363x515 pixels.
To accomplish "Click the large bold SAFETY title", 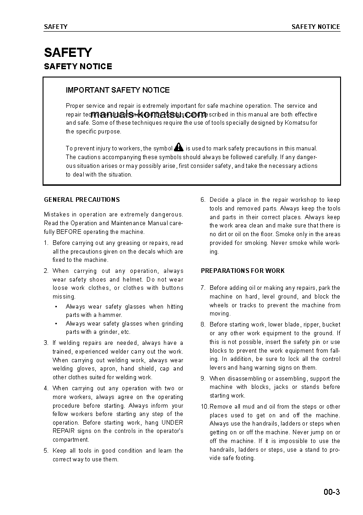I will [x=68, y=52].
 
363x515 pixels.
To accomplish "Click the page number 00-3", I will [x=332, y=493].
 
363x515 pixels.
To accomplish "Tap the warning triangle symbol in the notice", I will [x=179, y=147].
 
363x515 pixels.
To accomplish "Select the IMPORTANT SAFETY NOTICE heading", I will [x=118, y=90].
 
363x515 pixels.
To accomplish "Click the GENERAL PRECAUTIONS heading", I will [x=81, y=200].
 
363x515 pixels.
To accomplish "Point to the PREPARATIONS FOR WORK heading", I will [x=243, y=271].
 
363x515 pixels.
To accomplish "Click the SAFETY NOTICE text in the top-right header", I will [x=316, y=27].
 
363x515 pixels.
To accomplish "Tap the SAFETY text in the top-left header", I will [x=55, y=27].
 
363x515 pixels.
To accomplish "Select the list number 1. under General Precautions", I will [x=46, y=243].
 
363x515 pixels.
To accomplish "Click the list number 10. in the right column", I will [x=204, y=407].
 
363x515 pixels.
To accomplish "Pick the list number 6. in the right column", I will [x=203, y=200].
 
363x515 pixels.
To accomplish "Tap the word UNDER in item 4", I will [x=173, y=422].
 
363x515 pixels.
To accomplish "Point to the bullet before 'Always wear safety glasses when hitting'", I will [x=56, y=307].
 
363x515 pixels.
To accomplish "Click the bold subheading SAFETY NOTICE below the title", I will [x=78, y=66].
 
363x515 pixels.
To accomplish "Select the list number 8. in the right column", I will [x=203, y=325].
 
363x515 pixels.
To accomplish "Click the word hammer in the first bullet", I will [x=112, y=315].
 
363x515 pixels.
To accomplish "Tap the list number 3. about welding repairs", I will [x=46, y=343].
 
